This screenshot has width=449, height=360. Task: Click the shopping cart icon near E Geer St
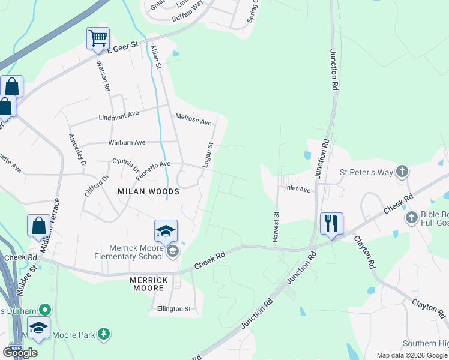pos(98,38)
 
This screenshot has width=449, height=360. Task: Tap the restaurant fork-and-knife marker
pos(331,223)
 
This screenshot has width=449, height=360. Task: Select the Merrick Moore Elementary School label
pos(129,251)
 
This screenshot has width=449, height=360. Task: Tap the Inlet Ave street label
pos(298,190)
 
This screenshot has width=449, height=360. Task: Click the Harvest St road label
pos(276,226)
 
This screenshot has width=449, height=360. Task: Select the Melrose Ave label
pos(193,119)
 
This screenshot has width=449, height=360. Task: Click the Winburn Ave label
pos(127,143)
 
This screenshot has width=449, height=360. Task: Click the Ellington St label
pos(174,309)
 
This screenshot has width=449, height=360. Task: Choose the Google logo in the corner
pos(20,353)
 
